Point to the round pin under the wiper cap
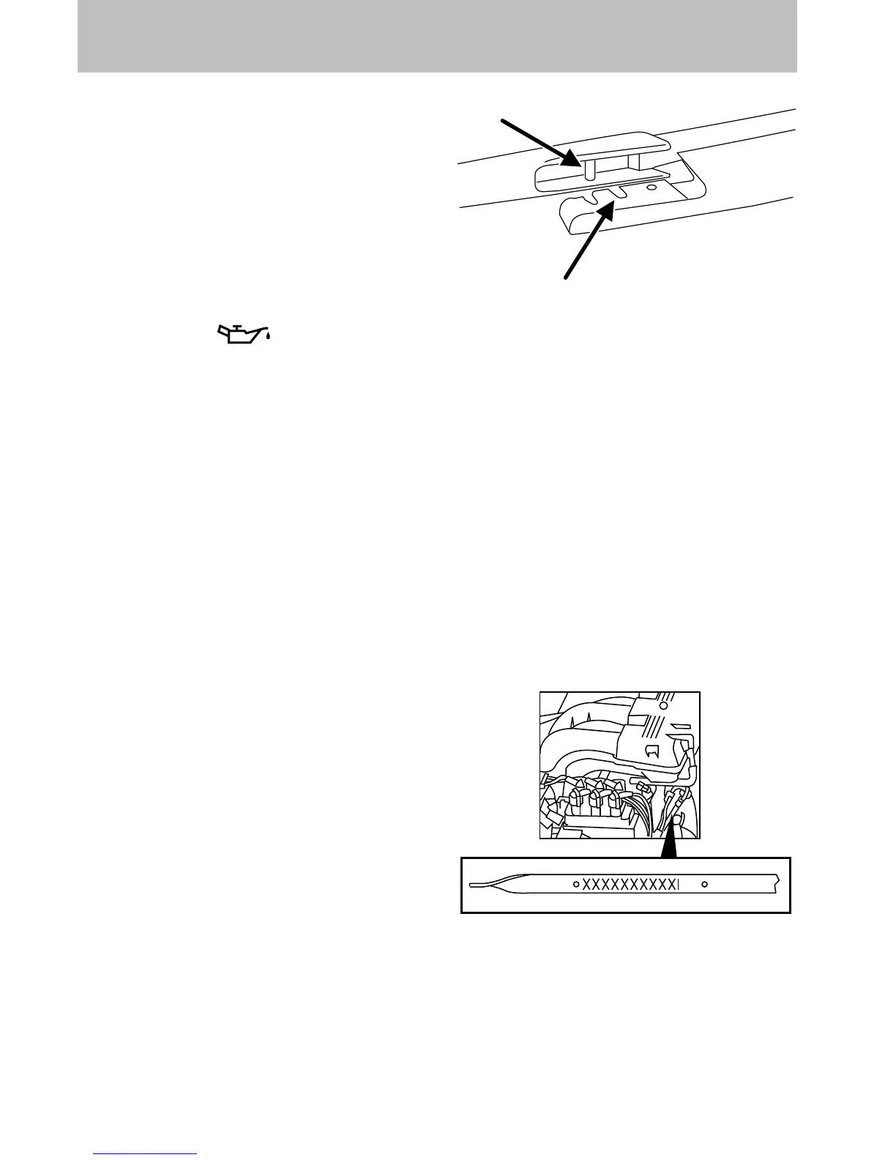pos(588,168)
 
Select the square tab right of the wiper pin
pos(634,160)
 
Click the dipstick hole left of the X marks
pos(576,885)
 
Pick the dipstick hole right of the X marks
pos(704,885)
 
